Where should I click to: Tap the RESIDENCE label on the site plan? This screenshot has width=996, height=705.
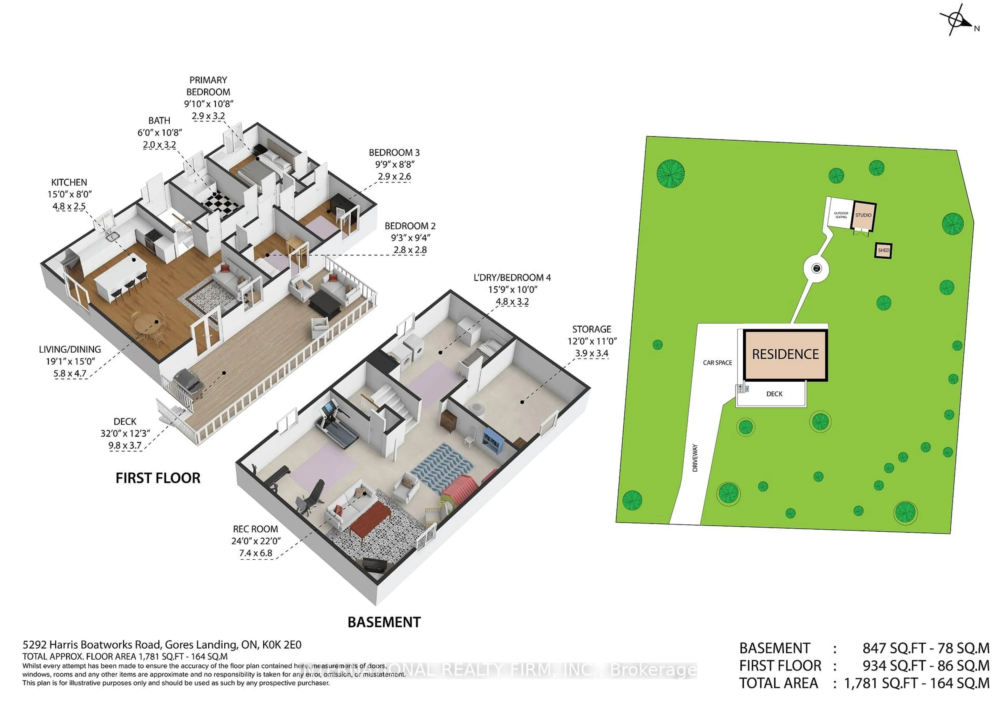pyautogui.click(x=785, y=354)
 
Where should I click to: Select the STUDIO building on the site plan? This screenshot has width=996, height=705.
pyautogui.click(x=863, y=216)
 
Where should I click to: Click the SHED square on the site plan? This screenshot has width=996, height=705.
pyautogui.click(x=883, y=250)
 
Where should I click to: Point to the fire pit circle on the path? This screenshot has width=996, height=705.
pyautogui.click(x=817, y=269)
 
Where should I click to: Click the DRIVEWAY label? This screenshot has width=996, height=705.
pyautogui.click(x=695, y=458)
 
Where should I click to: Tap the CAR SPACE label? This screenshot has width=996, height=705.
pyautogui.click(x=717, y=362)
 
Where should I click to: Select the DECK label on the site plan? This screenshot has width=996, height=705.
pyautogui.click(x=774, y=394)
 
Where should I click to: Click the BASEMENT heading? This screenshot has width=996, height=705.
pyautogui.click(x=384, y=622)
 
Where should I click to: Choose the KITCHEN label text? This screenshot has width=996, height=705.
pyautogui.click(x=69, y=182)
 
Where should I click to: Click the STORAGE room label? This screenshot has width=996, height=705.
pyautogui.click(x=591, y=329)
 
